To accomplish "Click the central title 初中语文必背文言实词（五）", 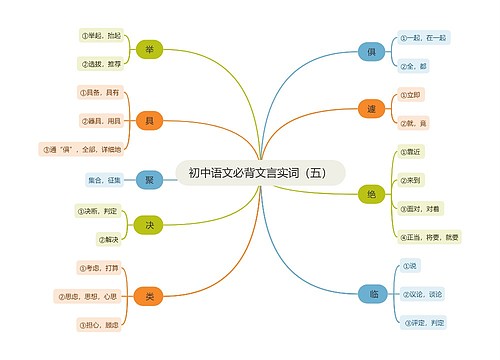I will coord(258,172).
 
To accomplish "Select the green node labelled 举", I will coord(149,50).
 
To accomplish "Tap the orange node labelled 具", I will coord(149,121).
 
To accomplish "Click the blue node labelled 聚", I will coord(149,180).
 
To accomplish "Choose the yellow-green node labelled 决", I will coord(149,225).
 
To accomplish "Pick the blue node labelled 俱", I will coord(371,51).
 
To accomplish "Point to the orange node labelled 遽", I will coord(371,108).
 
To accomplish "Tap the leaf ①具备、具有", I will coord(98,93).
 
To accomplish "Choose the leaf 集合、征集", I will coord(104,180).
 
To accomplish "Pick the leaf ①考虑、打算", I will coord(100,268).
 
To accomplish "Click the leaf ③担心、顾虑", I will coord(100,325).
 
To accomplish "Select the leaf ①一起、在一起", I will coord(422,37).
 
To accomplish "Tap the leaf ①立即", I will coord(411,94).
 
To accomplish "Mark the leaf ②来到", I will coord(411,180).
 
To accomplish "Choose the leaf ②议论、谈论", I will coord(420,294).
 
